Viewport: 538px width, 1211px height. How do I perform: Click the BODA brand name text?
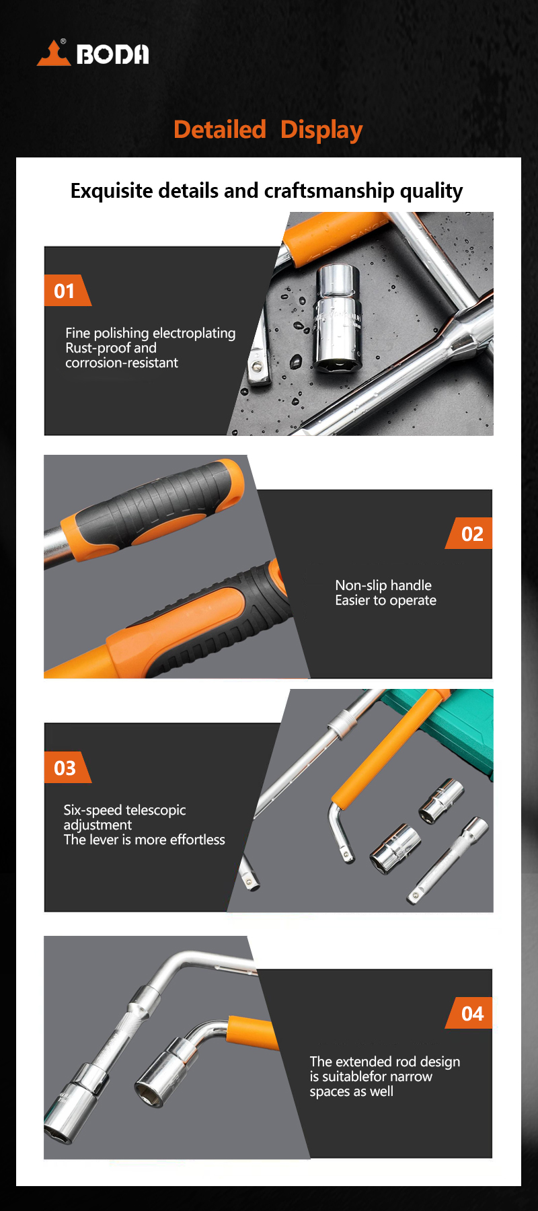pyautogui.click(x=112, y=54)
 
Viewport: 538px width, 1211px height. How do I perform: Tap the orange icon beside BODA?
pyautogui.click(x=54, y=53)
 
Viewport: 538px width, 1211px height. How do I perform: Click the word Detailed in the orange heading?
pyautogui.click(x=220, y=129)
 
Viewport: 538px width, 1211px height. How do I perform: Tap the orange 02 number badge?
pyautogui.click(x=469, y=534)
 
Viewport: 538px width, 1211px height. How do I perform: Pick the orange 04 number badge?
pyautogui.click(x=469, y=1013)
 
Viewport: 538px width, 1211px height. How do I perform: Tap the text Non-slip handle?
pyautogui.click(x=383, y=585)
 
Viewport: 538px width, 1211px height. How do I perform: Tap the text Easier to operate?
pyautogui.click(x=385, y=600)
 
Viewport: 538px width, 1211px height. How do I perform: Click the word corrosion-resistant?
pyautogui.click(x=122, y=363)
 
